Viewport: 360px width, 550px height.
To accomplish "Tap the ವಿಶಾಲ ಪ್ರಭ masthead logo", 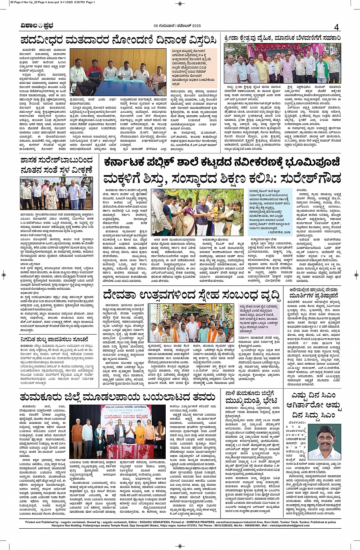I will pyautogui.click(x=37, y=26).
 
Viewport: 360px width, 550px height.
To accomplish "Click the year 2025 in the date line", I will pyautogui.click(x=195, y=26).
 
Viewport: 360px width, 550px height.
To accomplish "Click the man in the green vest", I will pyautogui.click(x=322, y=69).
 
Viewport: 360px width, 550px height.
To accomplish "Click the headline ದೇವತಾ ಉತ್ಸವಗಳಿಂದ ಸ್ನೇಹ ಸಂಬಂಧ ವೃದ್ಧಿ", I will pyautogui.click(x=191, y=295).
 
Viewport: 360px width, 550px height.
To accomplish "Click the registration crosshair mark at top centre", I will pyautogui.click(x=180, y=3).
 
